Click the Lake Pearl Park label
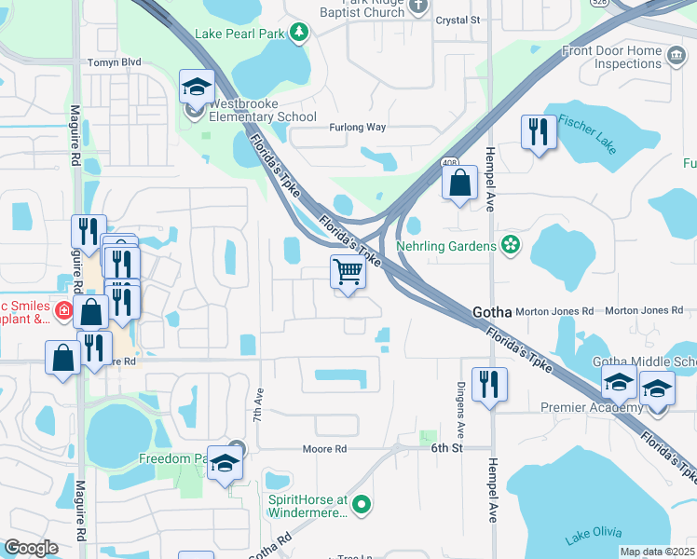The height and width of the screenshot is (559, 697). click(239, 34)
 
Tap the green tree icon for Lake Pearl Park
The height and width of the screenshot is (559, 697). click(298, 34)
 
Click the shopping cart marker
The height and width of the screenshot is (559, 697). click(348, 274)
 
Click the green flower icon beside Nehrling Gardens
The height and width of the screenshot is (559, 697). click(510, 245)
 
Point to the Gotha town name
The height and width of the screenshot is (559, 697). click(494, 312)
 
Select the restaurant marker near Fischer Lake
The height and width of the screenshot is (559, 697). click(539, 132)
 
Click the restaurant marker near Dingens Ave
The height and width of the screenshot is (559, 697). click(489, 384)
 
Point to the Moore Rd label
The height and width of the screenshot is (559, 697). click(324, 449)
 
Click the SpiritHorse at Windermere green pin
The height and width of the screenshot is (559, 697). click(362, 505)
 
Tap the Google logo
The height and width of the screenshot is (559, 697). click(32, 548)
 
